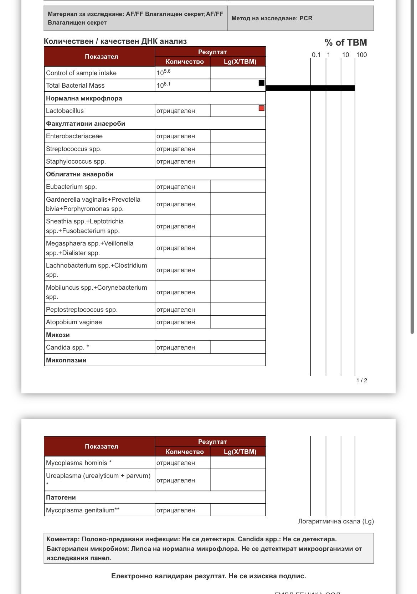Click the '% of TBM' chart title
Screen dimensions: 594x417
click(x=345, y=43)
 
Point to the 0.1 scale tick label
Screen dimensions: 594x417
click(x=316, y=55)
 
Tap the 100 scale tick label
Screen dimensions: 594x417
click(x=361, y=55)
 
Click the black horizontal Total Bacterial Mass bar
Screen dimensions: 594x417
click(x=310, y=88)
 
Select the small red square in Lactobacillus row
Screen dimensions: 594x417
click(x=262, y=108)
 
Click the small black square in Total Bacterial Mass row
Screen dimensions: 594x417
click(x=262, y=83)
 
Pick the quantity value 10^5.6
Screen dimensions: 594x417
click(x=164, y=73)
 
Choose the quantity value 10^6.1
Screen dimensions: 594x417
click(x=164, y=85)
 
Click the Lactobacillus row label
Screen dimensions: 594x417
click(x=65, y=111)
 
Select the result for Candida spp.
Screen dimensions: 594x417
click(x=176, y=347)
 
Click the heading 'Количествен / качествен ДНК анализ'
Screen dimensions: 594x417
click(x=115, y=41)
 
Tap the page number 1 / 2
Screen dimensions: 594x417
click(x=361, y=381)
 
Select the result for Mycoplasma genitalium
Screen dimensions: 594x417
click(x=176, y=510)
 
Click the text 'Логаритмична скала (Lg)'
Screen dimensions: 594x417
click(x=336, y=521)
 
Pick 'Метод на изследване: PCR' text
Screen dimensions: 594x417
click(x=272, y=19)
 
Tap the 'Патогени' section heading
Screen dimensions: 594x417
click(x=61, y=497)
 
